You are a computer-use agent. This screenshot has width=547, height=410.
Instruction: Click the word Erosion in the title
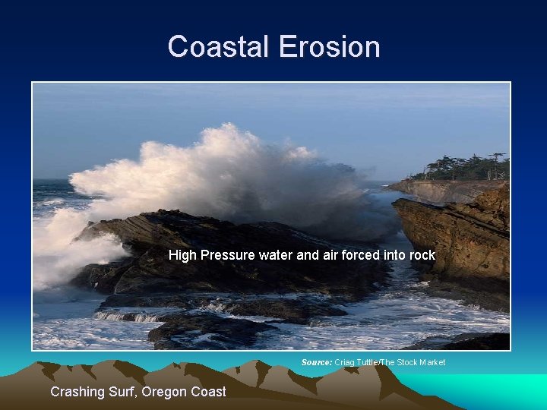click(329, 47)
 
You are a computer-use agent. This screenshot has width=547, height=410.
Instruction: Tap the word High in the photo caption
click(182, 256)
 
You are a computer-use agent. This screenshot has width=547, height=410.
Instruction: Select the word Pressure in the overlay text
click(228, 256)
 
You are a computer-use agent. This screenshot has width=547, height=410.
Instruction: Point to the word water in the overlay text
click(276, 256)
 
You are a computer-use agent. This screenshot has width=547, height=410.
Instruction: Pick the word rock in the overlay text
click(422, 256)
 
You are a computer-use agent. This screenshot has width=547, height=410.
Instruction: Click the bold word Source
click(317, 362)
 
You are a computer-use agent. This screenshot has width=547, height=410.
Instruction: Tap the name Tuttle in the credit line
click(372, 362)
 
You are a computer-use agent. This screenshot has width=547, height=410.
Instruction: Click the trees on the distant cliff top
click(468, 167)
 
